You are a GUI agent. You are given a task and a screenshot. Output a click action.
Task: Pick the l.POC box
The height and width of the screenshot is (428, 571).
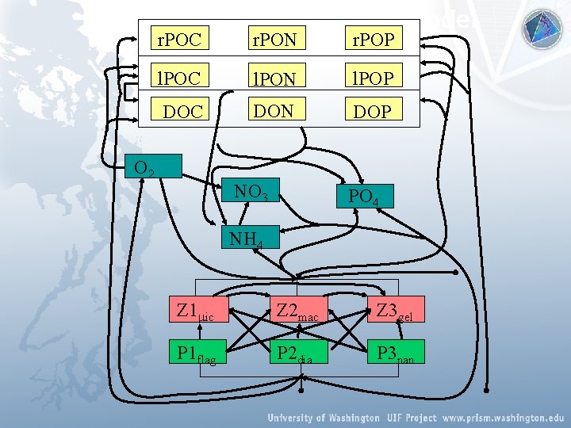[178, 77]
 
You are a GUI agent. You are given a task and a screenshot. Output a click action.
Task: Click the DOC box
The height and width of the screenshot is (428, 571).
[182, 112]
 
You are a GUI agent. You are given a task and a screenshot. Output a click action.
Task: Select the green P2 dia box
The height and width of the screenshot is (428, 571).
[296, 352]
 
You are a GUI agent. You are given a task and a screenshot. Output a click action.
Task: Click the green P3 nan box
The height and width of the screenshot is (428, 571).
[395, 352]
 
